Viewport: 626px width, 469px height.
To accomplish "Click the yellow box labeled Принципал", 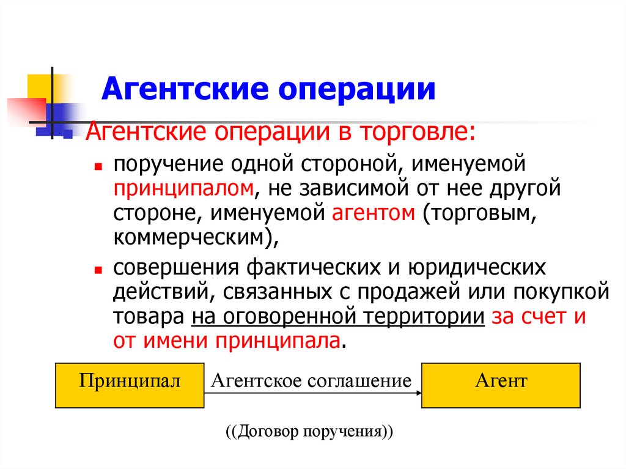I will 130,385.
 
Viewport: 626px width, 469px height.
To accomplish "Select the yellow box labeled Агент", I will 501,385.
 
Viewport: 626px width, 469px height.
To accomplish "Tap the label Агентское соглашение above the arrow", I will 311,381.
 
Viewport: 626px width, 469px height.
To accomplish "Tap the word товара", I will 148,317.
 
